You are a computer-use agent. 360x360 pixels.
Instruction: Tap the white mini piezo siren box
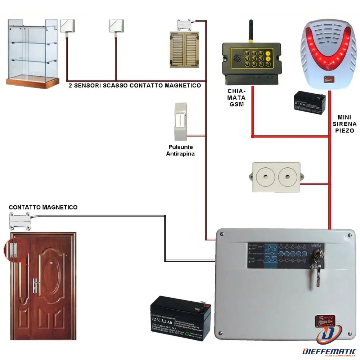(276, 177)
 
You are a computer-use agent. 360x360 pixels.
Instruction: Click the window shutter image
(184, 49)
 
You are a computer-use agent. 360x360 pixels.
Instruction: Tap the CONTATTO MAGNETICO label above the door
(43, 207)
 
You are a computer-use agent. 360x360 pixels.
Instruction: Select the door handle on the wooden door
(37, 284)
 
